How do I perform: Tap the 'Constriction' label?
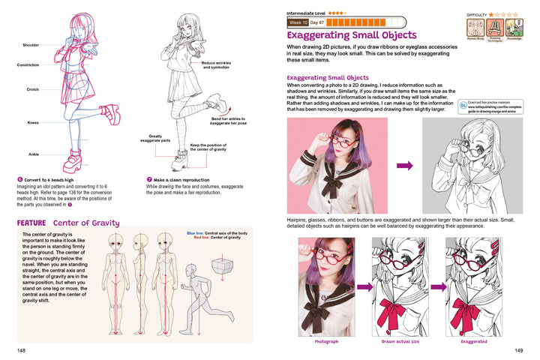[28, 65]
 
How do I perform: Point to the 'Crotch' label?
[32, 90]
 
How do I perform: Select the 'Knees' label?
[33, 122]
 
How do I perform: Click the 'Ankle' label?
[33, 154]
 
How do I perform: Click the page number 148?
[22, 349]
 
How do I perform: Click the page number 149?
[517, 349]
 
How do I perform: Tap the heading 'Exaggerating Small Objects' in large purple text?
[352, 34]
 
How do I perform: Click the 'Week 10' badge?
[298, 23]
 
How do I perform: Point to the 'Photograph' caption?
[327, 341]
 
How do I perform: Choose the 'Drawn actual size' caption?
[400, 341]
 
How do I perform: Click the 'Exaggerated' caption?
[473, 341]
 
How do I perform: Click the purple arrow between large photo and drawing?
[405, 166]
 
